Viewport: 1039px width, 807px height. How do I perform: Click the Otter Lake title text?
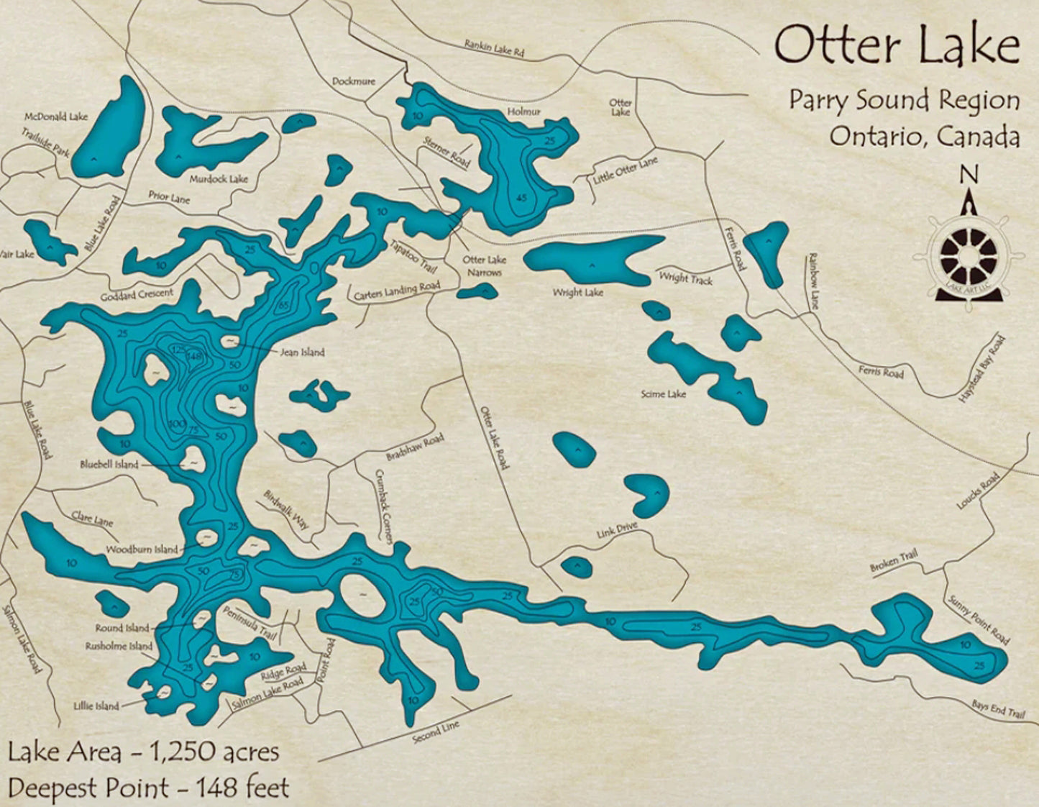coord(897,45)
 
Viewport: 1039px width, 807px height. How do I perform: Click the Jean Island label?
coord(301,352)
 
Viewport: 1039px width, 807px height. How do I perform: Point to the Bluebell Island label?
coord(109,465)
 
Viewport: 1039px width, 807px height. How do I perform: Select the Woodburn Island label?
coord(141,550)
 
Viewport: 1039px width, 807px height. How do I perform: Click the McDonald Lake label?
coord(56,117)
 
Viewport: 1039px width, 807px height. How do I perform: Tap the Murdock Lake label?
coord(219,179)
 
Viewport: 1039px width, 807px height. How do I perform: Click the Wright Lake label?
coord(577,293)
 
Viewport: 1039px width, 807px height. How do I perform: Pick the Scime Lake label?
coord(663,394)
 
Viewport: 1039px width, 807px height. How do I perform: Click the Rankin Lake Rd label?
coord(494,49)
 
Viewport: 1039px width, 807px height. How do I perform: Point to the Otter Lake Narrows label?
coord(484,266)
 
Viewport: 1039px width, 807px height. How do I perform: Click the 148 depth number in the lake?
coord(194,355)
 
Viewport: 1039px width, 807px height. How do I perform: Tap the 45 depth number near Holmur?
coord(521,198)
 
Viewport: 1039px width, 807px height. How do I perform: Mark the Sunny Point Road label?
coord(979,620)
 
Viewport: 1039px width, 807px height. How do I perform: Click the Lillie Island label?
coord(96,706)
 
